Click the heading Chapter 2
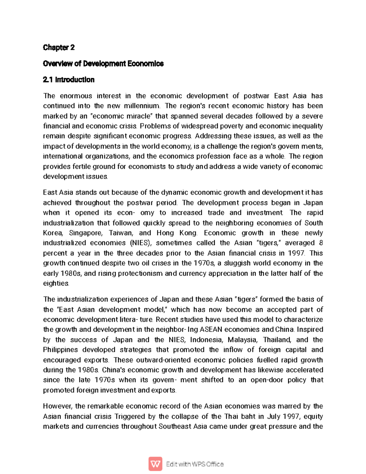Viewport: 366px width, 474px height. (x=59, y=47)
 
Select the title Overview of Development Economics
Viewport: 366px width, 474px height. (x=103, y=63)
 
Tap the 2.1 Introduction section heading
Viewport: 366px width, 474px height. (x=69, y=80)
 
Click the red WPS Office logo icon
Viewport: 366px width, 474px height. (x=155, y=464)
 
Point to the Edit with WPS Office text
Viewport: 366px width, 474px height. (x=195, y=464)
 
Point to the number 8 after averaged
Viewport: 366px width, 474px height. (x=321, y=243)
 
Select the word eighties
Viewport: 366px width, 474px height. (x=56, y=283)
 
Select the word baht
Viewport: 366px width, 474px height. (x=249, y=416)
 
